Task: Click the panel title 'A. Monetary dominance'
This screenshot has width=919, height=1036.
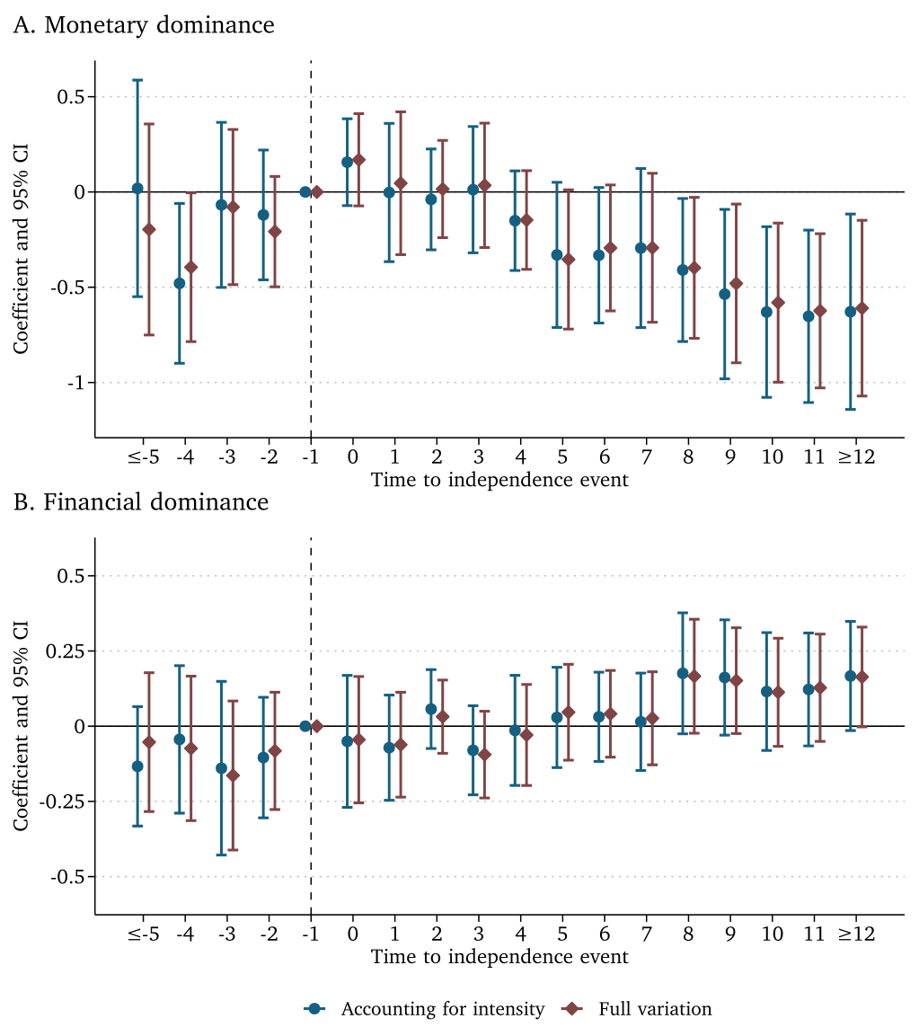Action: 144,25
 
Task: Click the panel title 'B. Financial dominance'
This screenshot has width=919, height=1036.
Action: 141,501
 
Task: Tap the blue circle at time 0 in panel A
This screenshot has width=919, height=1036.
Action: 347,162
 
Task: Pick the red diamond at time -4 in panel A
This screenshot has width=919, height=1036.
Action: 190,267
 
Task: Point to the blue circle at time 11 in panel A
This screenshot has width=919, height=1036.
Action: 809,316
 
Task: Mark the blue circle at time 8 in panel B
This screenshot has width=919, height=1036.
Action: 683,673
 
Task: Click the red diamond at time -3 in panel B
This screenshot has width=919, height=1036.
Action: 233,775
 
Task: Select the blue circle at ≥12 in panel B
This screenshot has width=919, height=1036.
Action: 851,676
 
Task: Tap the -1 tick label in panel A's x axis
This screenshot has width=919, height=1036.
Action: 310,456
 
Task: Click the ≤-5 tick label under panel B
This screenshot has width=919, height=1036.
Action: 143,934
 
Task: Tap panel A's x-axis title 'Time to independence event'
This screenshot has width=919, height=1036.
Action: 499,479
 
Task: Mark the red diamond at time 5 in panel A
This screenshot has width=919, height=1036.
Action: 568,259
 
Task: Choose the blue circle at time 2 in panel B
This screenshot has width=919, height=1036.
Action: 431,709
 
